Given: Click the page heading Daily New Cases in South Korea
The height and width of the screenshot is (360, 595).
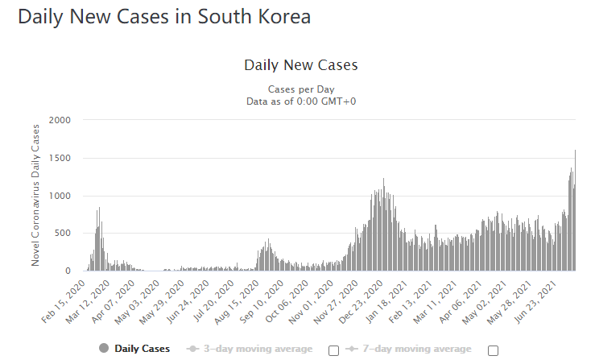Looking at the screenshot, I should (164, 18).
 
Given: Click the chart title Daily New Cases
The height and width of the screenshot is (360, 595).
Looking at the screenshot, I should (300, 64).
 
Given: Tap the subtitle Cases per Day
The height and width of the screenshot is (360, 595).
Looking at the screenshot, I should (300, 89).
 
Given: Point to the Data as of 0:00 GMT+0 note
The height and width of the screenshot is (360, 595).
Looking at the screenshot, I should (300, 101).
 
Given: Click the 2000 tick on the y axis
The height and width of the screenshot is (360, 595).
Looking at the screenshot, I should (60, 120).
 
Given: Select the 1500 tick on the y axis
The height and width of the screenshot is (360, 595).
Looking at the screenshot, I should (60, 158).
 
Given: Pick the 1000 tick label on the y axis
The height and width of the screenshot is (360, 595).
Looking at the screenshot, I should (60, 196).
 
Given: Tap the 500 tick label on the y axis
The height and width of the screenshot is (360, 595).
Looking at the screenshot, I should (64, 234).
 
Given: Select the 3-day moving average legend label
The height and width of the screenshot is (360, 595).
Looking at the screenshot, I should (258, 348).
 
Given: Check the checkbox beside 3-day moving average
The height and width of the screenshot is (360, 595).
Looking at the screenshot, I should (333, 350).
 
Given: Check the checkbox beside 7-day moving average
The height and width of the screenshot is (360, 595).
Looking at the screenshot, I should (493, 350).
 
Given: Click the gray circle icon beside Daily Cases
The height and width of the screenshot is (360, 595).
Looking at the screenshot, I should (104, 348).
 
